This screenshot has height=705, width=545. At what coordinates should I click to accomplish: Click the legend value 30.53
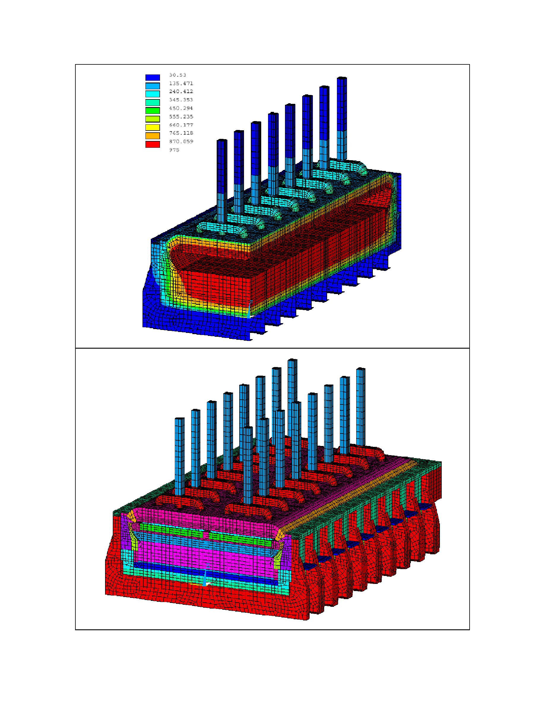[178, 75]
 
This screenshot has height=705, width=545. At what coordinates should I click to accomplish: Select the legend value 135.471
[181, 84]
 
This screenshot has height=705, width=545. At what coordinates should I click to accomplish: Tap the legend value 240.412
[181, 92]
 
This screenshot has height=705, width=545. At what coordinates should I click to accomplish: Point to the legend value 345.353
[181, 100]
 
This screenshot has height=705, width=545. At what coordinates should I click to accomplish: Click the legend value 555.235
[181, 117]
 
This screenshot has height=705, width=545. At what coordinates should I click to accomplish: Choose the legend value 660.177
[181, 125]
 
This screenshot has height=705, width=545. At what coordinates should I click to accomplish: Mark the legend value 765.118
[181, 133]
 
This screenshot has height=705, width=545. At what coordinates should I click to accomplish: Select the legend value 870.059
[181, 142]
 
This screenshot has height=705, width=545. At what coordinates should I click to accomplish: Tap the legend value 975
[174, 150]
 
